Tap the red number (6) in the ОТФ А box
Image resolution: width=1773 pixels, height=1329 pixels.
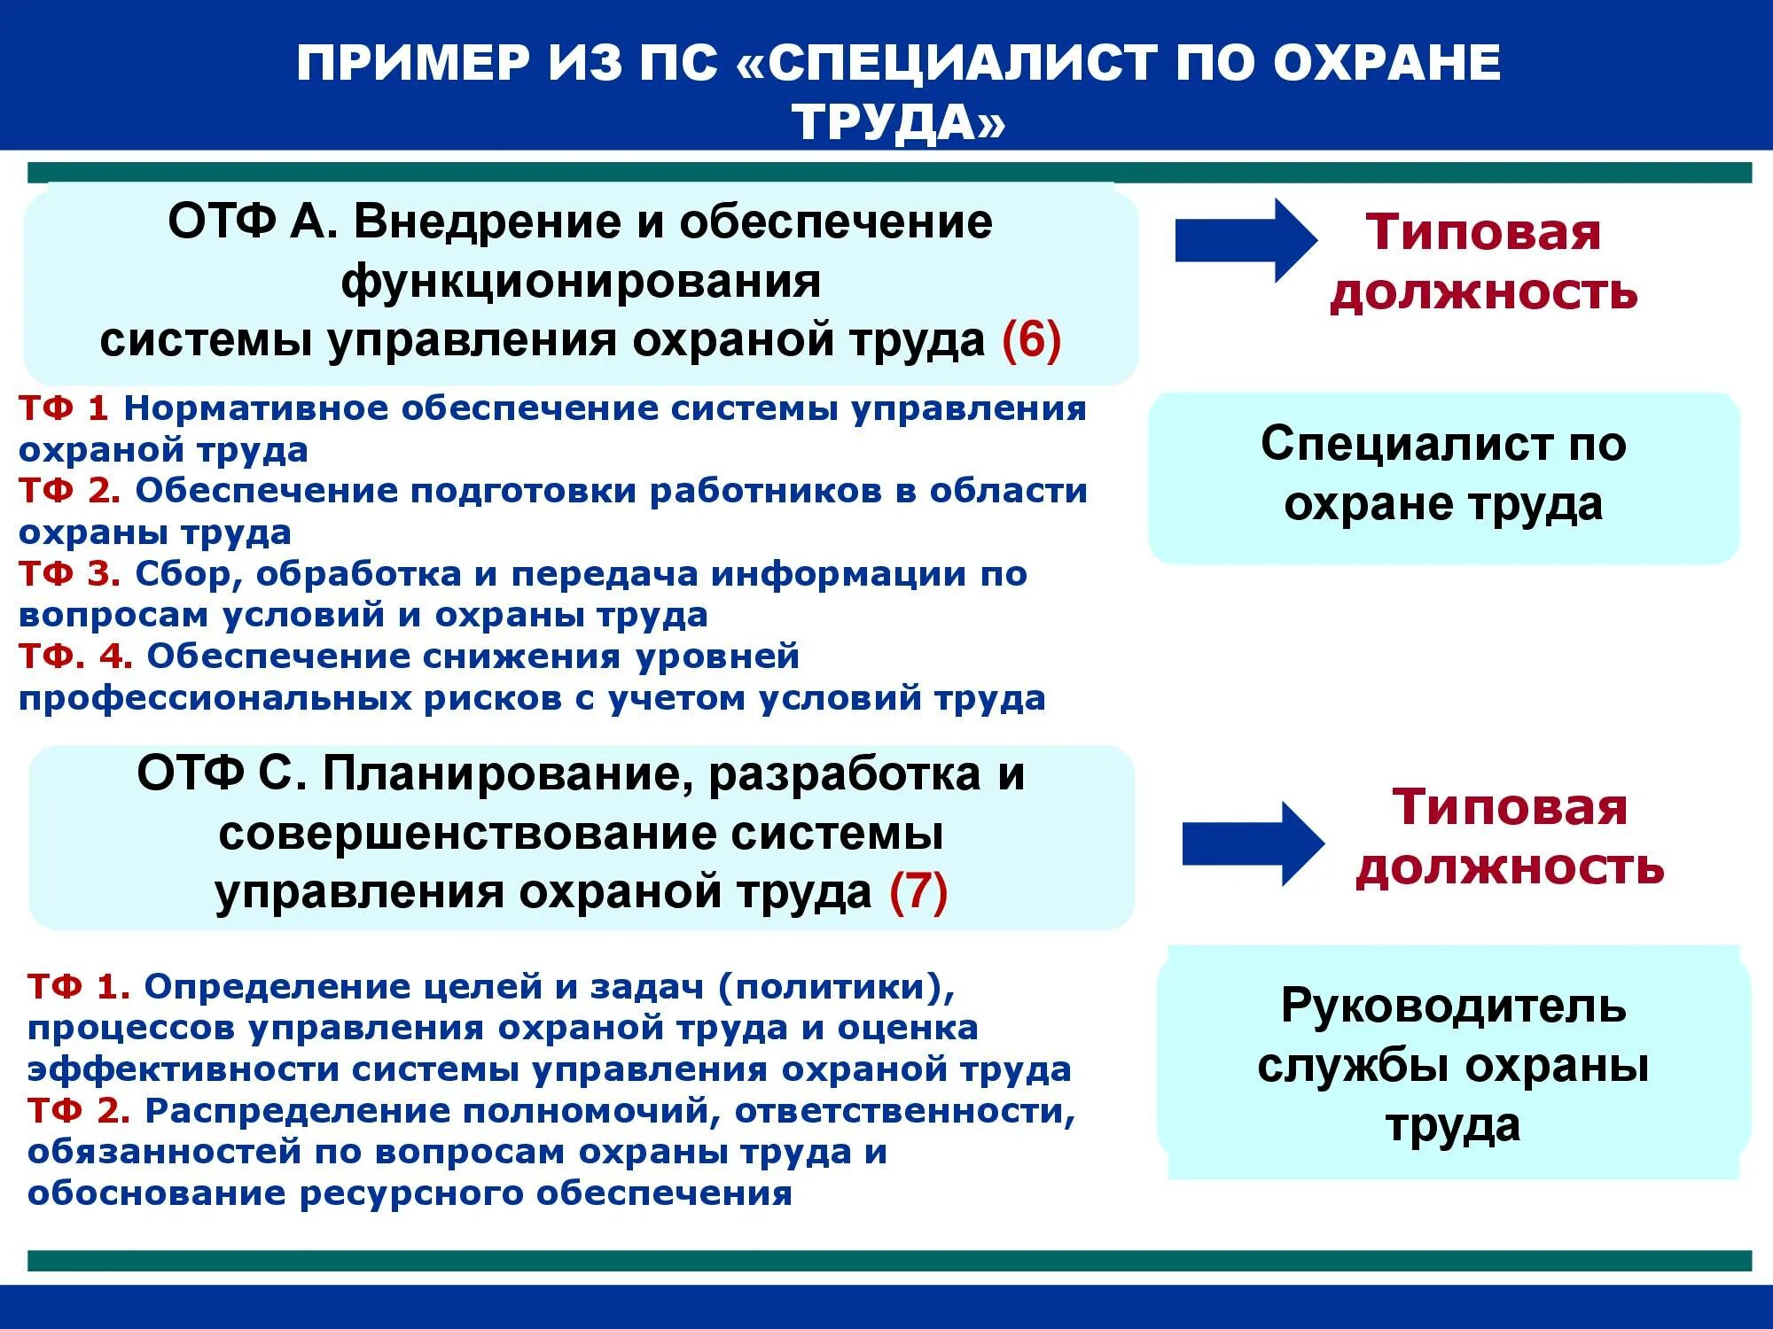1031,340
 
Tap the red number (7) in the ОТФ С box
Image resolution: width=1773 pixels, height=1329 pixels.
918,891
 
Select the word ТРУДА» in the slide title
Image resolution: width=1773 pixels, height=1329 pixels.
899,121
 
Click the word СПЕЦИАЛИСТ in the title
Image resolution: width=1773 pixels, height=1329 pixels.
961,63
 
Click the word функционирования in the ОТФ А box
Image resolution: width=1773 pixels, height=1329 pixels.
581,282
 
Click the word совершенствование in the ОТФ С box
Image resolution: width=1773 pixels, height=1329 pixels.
465,834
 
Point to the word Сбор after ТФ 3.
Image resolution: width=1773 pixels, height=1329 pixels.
189,574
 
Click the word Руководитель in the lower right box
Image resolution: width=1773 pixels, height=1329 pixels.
1453,1006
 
